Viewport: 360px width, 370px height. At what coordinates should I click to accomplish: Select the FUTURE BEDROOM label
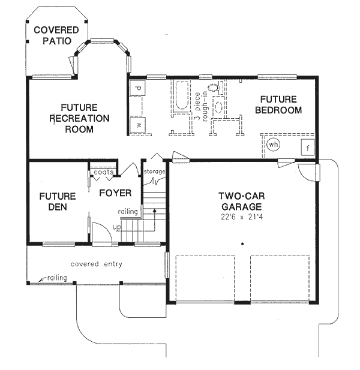pyautogui.click(x=278, y=104)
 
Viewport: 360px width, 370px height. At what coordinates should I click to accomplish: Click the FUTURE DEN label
pyautogui.click(x=58, y=201)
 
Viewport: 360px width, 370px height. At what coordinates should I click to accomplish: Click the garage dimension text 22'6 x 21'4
pyautogui.click(x=241, y=216)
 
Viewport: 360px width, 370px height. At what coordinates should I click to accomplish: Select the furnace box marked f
pyautogui.click(x=307, y=148)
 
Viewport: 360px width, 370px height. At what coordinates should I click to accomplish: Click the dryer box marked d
pyautogui.click(x=138, y=89)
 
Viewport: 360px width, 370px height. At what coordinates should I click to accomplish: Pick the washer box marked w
pyautogui.click(x=138, y=125)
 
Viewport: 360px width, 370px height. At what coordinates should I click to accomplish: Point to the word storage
pyautogui.click(x=154, y=172)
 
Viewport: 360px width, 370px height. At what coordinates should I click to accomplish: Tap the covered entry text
pyautogui.click(x=97, y=264)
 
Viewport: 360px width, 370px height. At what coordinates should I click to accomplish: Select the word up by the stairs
pyautogui.click(x=117, y=228)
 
